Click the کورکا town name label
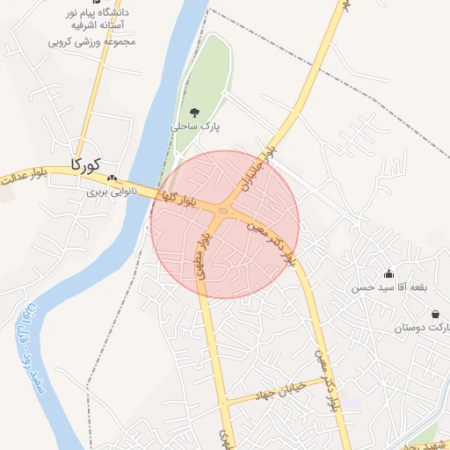pos(84,163)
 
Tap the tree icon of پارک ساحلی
pos(194,112)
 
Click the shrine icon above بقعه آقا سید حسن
pos(389,274)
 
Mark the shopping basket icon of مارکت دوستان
pos(435,314)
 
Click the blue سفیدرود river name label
pos(30,352)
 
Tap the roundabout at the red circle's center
pos(224,211)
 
